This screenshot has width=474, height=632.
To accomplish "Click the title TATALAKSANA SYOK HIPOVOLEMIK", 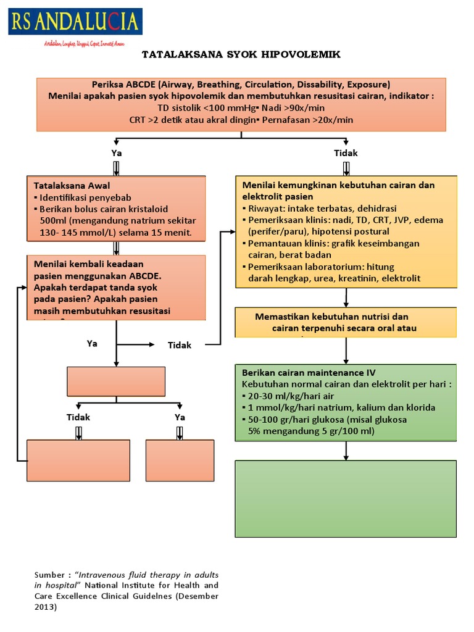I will point(241,54).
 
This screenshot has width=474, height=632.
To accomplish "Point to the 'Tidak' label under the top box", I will point(346,153).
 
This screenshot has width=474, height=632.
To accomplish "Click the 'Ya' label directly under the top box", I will point(116,153).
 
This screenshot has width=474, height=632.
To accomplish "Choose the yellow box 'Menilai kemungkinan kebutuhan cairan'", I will point(346,231).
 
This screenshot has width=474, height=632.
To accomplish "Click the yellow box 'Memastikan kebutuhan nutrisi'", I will point(346,322).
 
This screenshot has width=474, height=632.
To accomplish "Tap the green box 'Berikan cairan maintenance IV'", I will point(346,402).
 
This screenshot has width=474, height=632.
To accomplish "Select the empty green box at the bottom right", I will point(346,499).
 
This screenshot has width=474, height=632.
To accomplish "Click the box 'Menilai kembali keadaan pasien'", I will point(116,288).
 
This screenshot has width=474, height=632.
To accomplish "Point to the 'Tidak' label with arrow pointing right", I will point(180,345).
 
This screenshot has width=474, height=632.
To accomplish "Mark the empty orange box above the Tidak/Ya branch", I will point(116,381).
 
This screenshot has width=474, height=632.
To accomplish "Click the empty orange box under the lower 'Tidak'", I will point(78,460).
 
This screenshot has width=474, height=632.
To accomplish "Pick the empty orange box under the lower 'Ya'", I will point(180,460).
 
